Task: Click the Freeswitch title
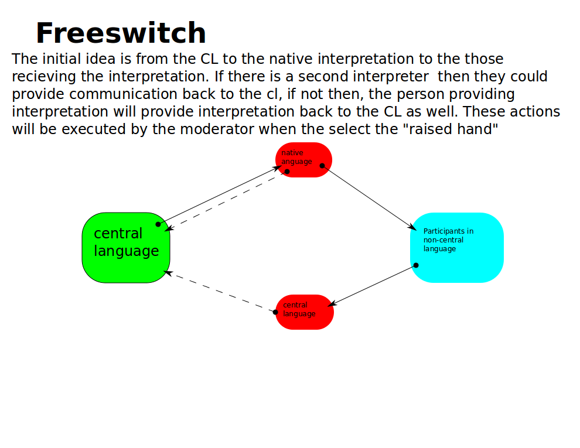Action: click(x=121, y=33)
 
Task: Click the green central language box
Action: click(x=126, y=248)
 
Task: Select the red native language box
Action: click(x=303, y=160)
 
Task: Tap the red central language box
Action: click(x=305, y=312)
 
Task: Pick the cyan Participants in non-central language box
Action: click(x=457, y=248)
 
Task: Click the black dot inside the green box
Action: click(x=158, y=224)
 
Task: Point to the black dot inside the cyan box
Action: click(x=416, y=265)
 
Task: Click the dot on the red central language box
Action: click(x=275, y=312)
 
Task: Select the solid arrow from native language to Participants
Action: click(x=369, y=198)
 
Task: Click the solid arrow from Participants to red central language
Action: click(x=372, y=285)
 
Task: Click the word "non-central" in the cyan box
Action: click(x=443, y=240)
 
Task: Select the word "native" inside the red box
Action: click(x=292, y=153)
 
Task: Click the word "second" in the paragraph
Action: click(x=323, y=77)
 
